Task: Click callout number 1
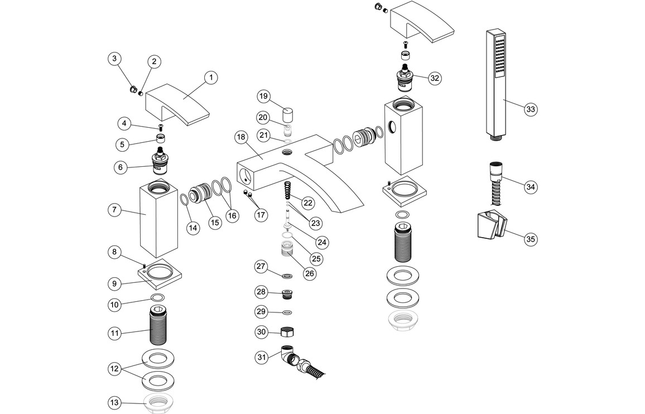pos(211,78)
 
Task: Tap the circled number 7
pos(114,210)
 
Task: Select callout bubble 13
pos(114,402)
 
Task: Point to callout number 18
pos(241,137)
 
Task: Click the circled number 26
pos(309,273)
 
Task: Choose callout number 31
pos(261,357)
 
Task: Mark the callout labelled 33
pos(531,109)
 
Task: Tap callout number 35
pos(531,239)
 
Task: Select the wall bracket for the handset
pos(490,226)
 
